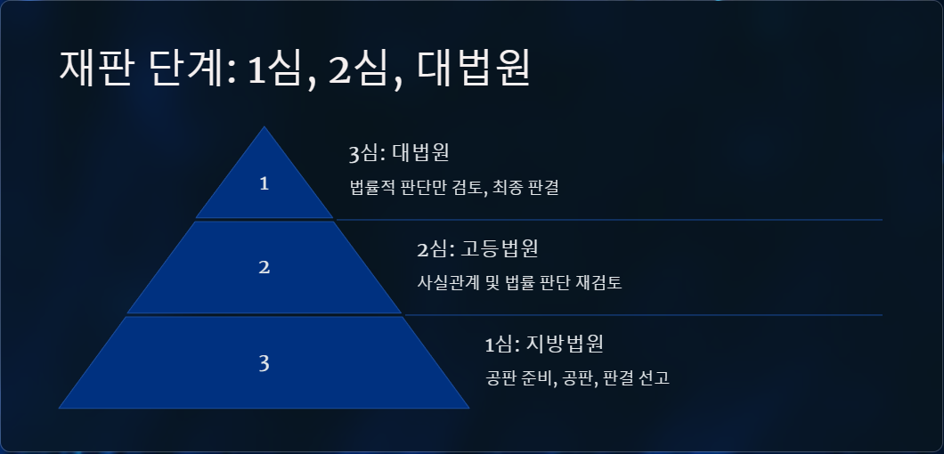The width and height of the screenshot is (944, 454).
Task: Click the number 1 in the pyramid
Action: [x=264, y=183]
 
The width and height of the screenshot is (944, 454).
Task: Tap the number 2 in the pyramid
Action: [x=264, y=267]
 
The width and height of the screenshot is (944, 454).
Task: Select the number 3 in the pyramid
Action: [x=264, y=363]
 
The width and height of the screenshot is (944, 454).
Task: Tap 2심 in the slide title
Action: [x=358, y=69]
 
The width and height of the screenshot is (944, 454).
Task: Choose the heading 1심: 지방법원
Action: [x=544, y=345]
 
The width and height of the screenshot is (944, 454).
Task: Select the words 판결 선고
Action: [x=636, y=378]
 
